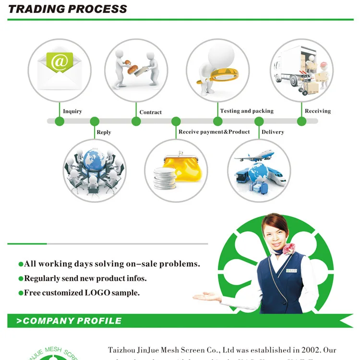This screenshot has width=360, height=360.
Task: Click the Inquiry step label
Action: tap(72, 111)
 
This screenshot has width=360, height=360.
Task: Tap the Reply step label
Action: tap(104, 132)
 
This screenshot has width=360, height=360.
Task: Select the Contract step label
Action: tap(150, 112)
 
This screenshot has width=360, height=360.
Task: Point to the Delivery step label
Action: tap(273, 132)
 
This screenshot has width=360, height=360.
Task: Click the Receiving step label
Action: tap(318, 111)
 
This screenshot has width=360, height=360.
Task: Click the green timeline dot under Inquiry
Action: tap(60, 121)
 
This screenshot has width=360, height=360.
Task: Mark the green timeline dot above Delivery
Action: tap(259, 121)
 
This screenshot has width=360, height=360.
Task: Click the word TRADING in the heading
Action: tap(34, 9)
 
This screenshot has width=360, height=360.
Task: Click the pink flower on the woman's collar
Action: tap(290, 249)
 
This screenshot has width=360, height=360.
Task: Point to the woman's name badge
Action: tap(291, 271)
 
